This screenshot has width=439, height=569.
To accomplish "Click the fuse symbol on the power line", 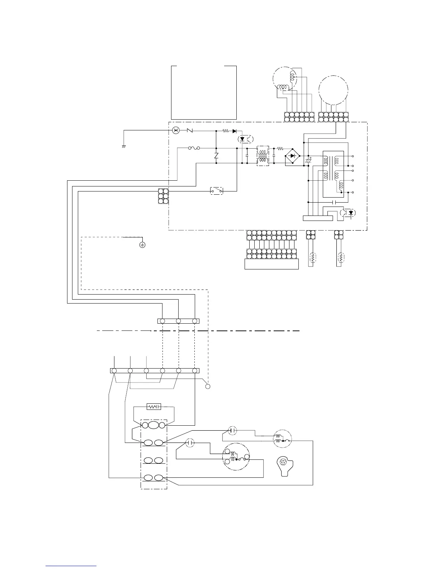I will coord(194,148).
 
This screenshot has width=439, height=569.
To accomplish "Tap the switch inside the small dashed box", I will coord(216,190).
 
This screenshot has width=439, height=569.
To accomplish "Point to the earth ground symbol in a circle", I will coord(142,245).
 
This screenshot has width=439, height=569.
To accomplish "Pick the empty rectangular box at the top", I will coord(204,92).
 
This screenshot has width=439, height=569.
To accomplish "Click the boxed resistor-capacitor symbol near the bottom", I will coord(154,407).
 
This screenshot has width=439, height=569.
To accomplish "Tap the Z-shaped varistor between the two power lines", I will coord(216,156).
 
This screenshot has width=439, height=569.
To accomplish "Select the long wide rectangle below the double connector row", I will coord(272,264).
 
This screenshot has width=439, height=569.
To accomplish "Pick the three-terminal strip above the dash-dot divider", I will coord(178,321).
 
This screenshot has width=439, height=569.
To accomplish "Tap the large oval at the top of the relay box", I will coord(154,425).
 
